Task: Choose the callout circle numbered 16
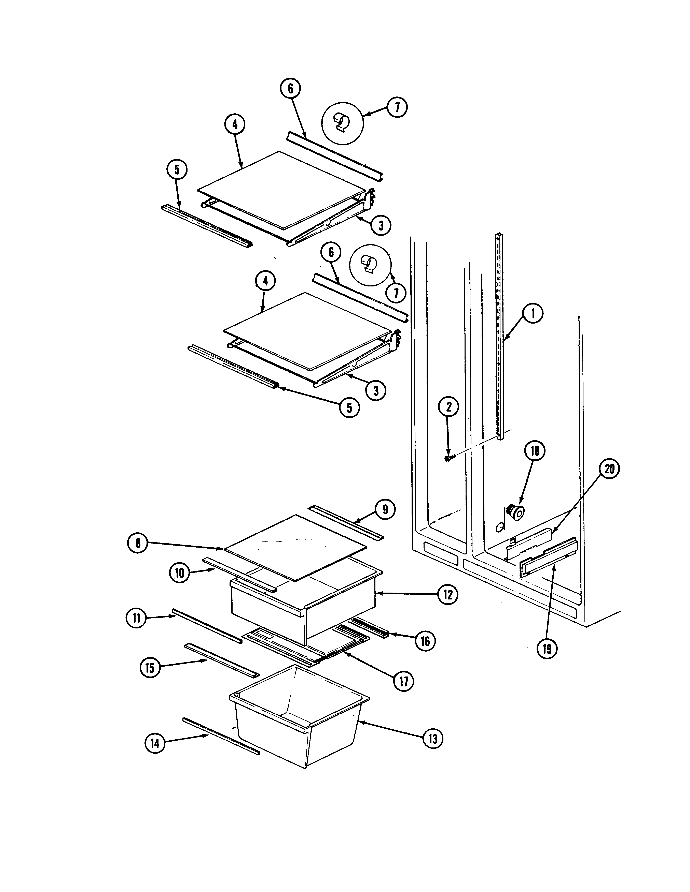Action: [x=425, y=641]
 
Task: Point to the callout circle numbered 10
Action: [x=179, y=573]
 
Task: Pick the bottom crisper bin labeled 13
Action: [x=298, y=723]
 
